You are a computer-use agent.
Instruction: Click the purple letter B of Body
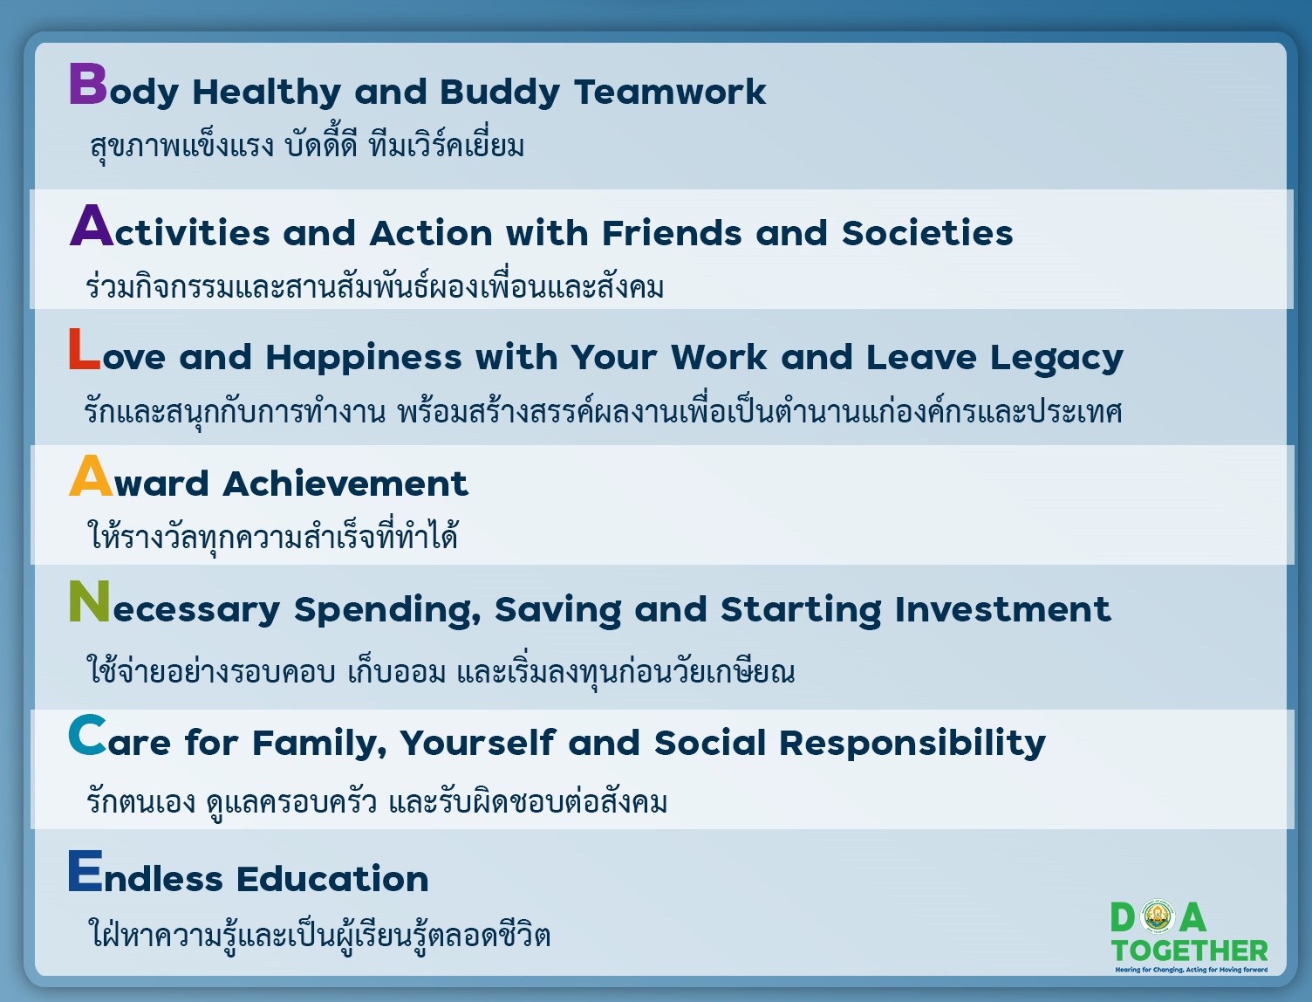pos(88,84)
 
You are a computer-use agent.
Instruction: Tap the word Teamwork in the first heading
pos(670,92)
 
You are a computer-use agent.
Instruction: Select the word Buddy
pos(500,93)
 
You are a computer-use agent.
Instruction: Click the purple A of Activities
pos(91,225)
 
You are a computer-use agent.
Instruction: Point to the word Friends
pos(672,232)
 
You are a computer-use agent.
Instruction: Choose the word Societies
pos(927,232)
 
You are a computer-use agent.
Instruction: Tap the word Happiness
pos(364,358)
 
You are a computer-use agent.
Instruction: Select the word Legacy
pos(1056,358)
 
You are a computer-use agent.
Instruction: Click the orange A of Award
pos(91,475)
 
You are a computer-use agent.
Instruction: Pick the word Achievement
pos(345,483)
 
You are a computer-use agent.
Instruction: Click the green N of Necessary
pos(89,601)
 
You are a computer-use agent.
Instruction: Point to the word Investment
pos(1003,609)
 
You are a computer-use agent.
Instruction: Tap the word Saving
pos(558,610)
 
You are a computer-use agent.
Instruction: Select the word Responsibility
pos(912,744)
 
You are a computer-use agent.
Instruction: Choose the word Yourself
pos(478,743)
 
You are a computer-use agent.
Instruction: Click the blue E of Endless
pos(85,870)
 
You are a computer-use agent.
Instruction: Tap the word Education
pos(333,879)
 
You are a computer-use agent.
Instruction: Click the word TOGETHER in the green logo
pos(1190,951)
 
